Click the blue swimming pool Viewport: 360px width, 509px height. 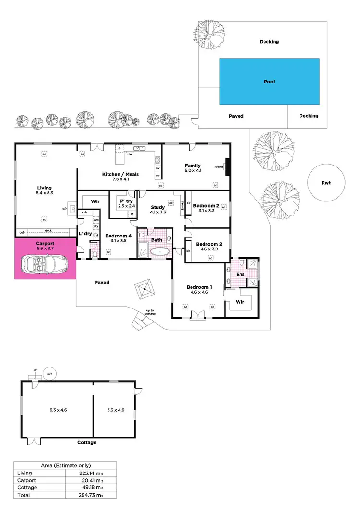pyautogui.click(x=269, y=82)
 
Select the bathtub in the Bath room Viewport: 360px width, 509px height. pyautogui.click(x=160, y=251)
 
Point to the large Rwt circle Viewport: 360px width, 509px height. pyautogui.click(x=326, y=183)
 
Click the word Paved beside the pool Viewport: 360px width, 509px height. pyautogui.click(x=236, y=116)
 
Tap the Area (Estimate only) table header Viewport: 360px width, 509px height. pyautogui.click(x=64, y=465)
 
